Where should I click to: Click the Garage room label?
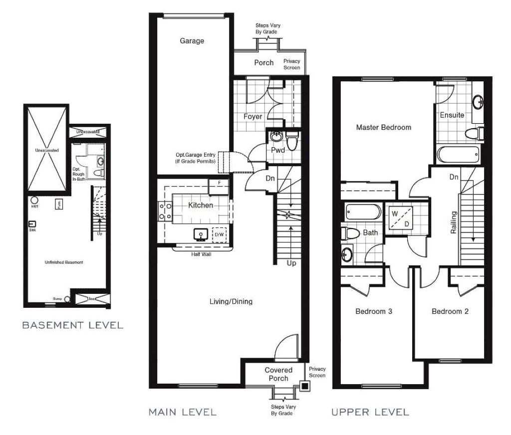coord(192,41)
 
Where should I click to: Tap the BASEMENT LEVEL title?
coord(73,325)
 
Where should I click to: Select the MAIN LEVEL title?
coord(183,412)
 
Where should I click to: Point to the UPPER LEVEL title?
coord(370,412)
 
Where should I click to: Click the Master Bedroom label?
coord(383,127)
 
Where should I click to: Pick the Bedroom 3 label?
coord(373,311)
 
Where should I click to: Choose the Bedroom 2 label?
coord(450,311)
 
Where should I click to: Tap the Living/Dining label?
coord(231,301)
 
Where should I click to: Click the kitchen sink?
coord(202,234)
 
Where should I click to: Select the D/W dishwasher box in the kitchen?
coord(220,234)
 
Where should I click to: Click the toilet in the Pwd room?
coord(292,142)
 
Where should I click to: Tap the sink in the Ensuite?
coord(477,102)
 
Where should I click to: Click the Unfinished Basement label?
coord(63,262)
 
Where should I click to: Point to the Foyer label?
coord(253,116)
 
